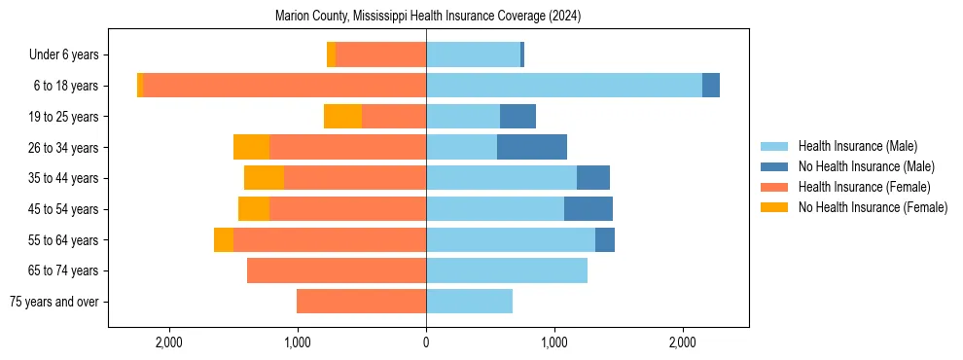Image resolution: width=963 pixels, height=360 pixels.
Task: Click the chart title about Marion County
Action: point(428,16)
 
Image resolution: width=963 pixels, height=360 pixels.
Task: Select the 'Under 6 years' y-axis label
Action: point(69,54)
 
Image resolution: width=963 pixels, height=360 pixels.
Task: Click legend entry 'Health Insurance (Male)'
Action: point(857,146)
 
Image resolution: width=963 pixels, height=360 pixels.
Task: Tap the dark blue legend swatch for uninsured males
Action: point(774,166)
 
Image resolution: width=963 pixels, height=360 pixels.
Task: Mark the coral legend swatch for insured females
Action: point(774,187)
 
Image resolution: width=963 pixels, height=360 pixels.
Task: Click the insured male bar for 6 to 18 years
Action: point(564,86)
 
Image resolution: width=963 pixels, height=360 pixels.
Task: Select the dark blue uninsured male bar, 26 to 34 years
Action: point(532,147)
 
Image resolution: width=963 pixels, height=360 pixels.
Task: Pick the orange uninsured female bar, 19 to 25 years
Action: point(342,117)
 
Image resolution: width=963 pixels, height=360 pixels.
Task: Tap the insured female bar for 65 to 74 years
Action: point(337,270)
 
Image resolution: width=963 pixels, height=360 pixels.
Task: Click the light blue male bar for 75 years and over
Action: point(469,302)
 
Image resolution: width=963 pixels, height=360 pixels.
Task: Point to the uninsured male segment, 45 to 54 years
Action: point(588,209)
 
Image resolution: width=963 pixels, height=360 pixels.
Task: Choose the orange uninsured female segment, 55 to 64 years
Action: point(224,239)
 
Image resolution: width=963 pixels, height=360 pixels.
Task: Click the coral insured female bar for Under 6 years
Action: point(380,54)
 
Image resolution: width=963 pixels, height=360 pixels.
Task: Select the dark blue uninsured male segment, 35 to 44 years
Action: point(593,178)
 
